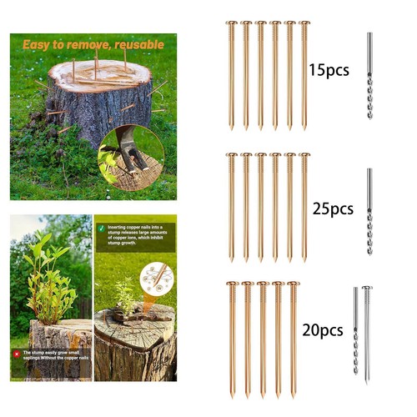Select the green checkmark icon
click(100, 226)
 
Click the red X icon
click(16, 354)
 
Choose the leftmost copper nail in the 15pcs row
click(232, 75)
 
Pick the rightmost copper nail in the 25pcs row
click(304, 207)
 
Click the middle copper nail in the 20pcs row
click(263, 338)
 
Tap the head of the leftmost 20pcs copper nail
click(232, 284)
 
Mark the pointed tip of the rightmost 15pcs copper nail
click(304, 128)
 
